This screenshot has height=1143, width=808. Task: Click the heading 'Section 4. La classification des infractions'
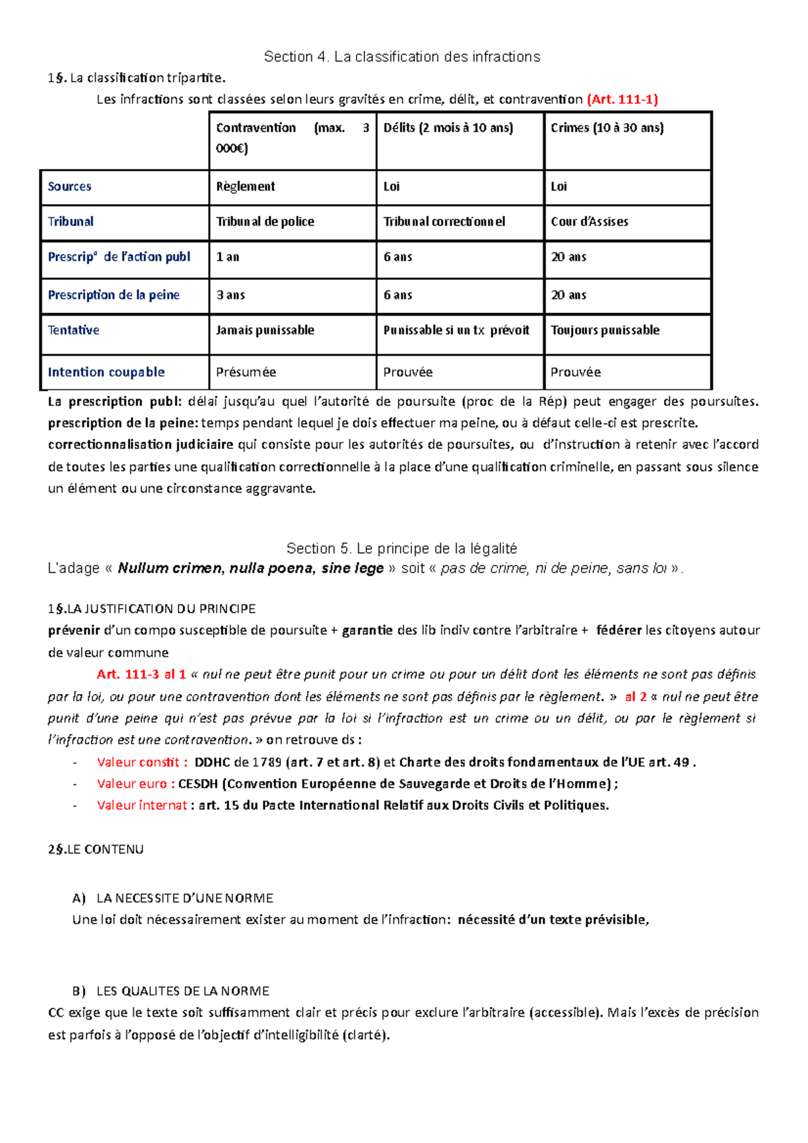tap(402, 57)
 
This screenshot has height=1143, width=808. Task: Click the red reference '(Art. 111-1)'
tap(622, 100)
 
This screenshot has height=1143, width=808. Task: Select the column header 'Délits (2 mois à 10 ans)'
tap(448, 128)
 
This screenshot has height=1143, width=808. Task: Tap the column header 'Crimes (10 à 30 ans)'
tap(607, 128)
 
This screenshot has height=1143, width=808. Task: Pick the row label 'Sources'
tap(69, 186)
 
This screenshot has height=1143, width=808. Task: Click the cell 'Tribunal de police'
tap(265, 221)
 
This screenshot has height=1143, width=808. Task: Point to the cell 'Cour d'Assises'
tap(589, 221)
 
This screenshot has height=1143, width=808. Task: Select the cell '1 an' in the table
tap(228, 257)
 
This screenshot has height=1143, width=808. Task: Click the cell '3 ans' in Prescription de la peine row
tap(230, 295)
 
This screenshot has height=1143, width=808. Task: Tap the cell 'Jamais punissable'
tap(265, 331)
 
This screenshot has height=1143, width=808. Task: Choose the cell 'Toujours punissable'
tap(605, 331)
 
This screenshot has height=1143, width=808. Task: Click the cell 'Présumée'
tap(246, 372)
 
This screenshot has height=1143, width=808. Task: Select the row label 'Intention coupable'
tap(106, 372)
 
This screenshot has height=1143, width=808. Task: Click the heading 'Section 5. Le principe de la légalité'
tap(401, 548)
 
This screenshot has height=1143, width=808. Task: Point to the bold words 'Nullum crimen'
tap(169, 568)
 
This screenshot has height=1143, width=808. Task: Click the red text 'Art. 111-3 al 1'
tap(141, 674)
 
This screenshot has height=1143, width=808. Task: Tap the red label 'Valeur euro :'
tap(135, 784)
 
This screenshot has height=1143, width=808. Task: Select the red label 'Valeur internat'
tap(141, 805)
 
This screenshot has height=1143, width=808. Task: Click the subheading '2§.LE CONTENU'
tap(96, 850)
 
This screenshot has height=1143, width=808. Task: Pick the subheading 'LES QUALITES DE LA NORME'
tap(182, 991)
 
